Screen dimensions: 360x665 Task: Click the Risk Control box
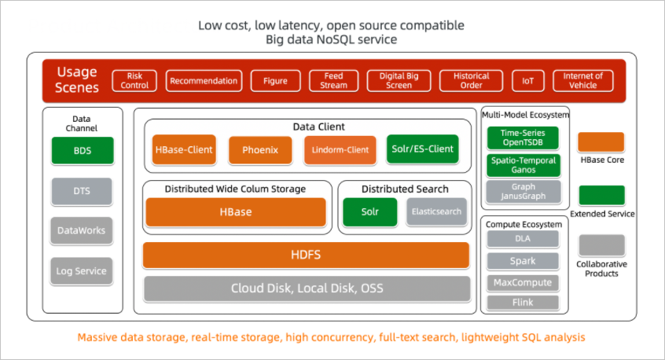tap(135, 80)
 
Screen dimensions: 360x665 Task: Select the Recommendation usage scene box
tap(204, 80)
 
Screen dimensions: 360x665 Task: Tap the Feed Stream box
tap(333, 80)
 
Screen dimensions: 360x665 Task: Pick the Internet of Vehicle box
tap(582, 80)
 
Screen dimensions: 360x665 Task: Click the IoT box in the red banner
tap(527, 80)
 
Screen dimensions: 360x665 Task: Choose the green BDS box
tap(82, 150)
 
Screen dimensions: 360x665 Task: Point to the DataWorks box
tap(82, 230)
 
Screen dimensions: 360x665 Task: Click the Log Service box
tap(82, 271)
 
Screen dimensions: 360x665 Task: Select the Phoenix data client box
tap(260, 149)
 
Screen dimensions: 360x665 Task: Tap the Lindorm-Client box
tap(336, 149)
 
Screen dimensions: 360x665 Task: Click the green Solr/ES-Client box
tap(422, 149)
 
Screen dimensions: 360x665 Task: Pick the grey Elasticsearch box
tap(436, 211)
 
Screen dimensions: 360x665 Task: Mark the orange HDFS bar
tap(306, 255)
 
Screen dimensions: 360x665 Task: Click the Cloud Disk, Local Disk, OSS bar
tap(306, 288)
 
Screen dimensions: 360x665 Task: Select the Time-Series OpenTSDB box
tap(524, 138)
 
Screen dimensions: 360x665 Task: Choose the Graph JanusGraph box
tap(524, 192)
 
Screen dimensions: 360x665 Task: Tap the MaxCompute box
tap(523, 282)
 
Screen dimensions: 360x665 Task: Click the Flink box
tap(523, 303)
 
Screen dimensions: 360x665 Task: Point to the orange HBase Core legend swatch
tap(601, 142)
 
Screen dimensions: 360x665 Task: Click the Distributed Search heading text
tap(405, 189)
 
